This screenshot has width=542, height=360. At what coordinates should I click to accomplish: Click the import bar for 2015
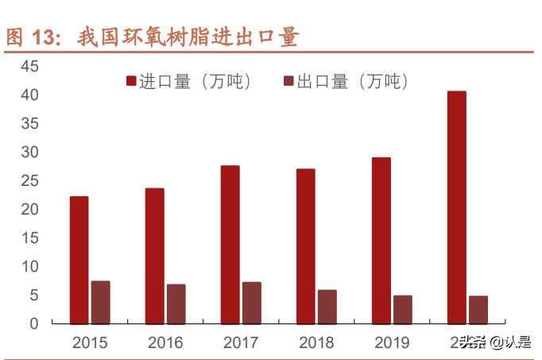tap(79, 260)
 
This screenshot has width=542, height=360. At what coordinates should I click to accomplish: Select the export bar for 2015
tap(100, 302)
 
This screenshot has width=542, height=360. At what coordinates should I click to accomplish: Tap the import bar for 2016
tap(154, 256)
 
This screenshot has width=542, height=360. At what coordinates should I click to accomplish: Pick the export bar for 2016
tap(176, 304)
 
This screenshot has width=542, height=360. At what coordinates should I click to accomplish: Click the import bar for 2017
tap(230, 245)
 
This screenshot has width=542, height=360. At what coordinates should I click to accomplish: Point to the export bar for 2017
tap(252, 303)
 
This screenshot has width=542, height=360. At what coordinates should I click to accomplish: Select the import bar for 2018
tap(305, 246)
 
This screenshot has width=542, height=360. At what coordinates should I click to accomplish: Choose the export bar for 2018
tap(327, 307)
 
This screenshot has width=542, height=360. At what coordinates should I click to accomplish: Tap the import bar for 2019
tap(381, 241)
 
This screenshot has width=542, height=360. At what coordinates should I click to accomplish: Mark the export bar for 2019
tap(403, 309)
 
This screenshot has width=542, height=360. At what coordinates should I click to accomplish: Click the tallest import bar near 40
tap(457, 207)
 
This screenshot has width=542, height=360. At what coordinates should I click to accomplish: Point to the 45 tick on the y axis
tap(29, 67)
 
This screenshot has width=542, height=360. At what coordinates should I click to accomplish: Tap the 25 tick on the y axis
tap(29, 181)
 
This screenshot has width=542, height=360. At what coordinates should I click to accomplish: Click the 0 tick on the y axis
tap(33, 323)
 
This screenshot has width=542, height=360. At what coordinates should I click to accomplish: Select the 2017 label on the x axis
tap(241, 343)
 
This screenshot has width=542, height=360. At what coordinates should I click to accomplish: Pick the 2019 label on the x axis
tap(393, 343)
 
